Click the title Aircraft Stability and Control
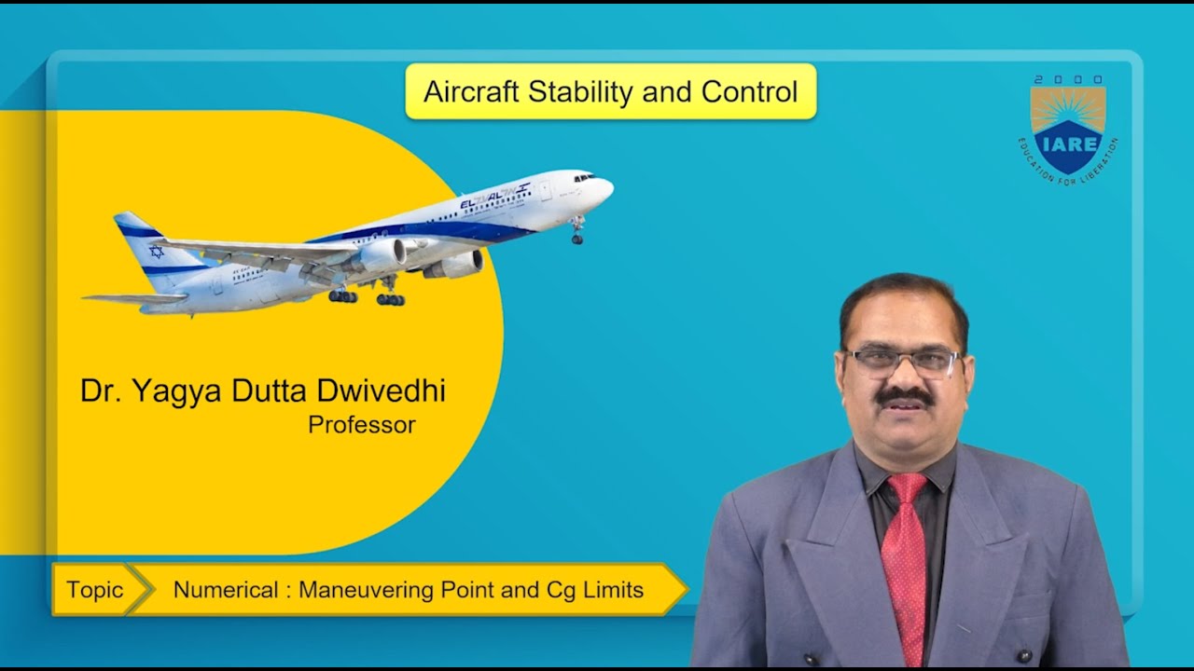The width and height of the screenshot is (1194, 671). pyautogui.click(x=610, y=91)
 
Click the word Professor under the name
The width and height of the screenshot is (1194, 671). pyautogui.click(x=361, y=425)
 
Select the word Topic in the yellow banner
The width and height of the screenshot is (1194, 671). pyautogui.click(x=94, y=590)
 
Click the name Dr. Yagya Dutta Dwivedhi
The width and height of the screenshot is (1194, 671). pyautogui.click(x=262, y=391)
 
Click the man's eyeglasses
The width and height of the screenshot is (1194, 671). pyautogui.click(x=901, y=362)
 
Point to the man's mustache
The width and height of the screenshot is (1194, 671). pyautogui.click(x=904, y=395)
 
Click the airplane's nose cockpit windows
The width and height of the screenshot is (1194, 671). pyautogui.click(x=584, y=176)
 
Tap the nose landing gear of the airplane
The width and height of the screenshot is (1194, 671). pyautogui.click(x=577, y=233)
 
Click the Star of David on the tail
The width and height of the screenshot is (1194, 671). pyautogui.click(x=156, y=252)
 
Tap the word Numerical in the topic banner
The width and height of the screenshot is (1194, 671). pyautogui.click(x=226, y=590)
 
